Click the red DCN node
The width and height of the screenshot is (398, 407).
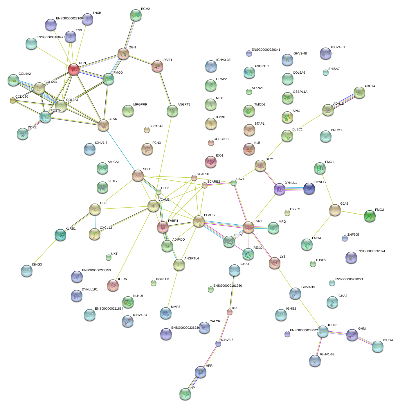coord(73,70)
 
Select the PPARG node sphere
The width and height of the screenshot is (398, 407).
coord(199,221)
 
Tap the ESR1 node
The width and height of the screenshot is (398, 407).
coord(248,228)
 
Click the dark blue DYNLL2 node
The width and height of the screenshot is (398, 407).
coord(309,188)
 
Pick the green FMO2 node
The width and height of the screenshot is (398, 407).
coord(370,216)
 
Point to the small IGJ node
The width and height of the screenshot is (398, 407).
coord(230,312)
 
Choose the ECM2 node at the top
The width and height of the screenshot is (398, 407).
coord(136,15)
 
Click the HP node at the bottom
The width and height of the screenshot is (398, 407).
coord(185,394)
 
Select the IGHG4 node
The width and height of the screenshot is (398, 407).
coord(378,346)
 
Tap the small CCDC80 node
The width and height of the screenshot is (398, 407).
coord(12,100)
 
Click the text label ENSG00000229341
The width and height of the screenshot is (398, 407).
coord(266,50)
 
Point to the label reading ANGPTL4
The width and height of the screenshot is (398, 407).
coord(192,259)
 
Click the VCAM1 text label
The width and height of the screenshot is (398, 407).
coord(164,200)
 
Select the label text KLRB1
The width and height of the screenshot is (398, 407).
coord(71,229)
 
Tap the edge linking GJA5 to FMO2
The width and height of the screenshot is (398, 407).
coord(352,213)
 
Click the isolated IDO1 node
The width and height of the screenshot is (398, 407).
coord(211,162)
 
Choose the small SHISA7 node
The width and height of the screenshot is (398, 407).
coord(326,72)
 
